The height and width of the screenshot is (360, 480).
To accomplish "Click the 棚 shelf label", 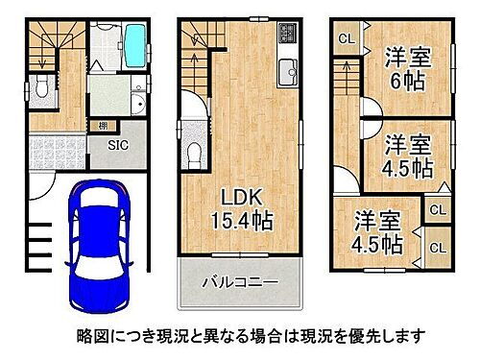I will point(101,125).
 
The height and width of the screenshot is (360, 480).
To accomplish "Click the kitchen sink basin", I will point(288,69).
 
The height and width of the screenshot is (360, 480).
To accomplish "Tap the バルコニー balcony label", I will point(239,282).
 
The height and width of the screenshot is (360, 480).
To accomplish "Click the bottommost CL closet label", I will point(437,247).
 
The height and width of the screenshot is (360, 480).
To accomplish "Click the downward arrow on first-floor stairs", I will point(42,60).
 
